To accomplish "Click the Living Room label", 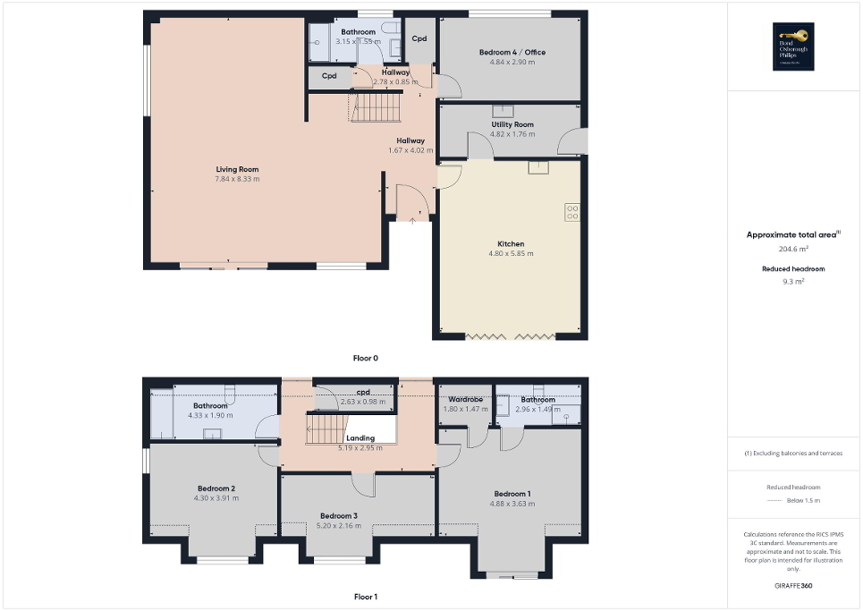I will click(237, 169).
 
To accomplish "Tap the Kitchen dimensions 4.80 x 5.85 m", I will click(512, 254).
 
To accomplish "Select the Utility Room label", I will click(512, 124).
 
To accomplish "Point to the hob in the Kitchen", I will click(571, 213).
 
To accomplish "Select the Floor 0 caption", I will click(366, 358).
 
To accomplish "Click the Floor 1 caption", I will click(366, 596).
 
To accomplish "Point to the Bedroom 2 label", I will click(216, 488).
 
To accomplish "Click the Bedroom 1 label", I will click(512, 494).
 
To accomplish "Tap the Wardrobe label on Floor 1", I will click(466, 399).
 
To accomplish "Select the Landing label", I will click(360, 438).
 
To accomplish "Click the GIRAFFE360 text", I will click(794, 586).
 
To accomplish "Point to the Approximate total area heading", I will click(792, 235).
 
